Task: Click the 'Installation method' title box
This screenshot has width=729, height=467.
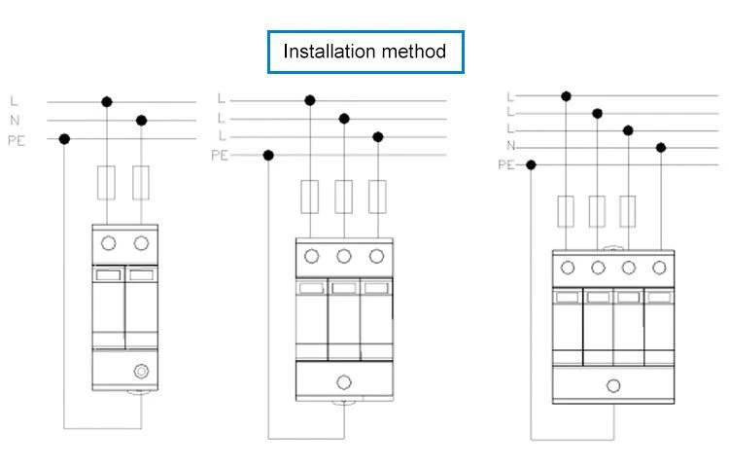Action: click(x=365, y=53)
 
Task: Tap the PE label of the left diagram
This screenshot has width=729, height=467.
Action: click(x=17, y=140)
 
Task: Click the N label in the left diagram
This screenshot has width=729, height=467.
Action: click(x=15, y=121)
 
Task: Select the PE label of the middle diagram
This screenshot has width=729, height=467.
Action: click(x=220, y=155)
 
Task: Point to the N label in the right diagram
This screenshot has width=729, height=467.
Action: click(x=511, y=146)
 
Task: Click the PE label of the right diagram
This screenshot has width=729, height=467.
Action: click(x=506, y=165)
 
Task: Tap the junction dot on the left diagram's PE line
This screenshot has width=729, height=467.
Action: click(x=64, y=139)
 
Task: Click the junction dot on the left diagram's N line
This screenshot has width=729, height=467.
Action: click(x=141, y=121)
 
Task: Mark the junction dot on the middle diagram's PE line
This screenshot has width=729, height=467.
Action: click(x=268, y=156)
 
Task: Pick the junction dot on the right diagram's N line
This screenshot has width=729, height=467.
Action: click(x=661, y=148)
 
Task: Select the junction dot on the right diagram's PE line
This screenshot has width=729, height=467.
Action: click(x=531, y=165)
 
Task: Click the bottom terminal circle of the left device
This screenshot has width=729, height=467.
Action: click(x=141, y=372)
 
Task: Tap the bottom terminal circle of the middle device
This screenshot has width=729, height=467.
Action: click(x=344, y=382)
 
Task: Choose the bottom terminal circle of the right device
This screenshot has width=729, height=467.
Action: click(x=613, y=385)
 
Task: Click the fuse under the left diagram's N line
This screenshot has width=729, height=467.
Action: click(x=141, y=183)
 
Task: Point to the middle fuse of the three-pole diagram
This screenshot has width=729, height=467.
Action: click(x=343, y=197)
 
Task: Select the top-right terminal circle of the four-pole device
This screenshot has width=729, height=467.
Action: click(x=659, y=268)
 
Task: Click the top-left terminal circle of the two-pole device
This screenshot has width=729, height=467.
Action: click(x=108, y=243)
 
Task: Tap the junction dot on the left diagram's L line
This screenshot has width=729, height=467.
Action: click(x=107, y=102)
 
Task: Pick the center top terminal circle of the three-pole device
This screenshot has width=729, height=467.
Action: click(x=344, y=256)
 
